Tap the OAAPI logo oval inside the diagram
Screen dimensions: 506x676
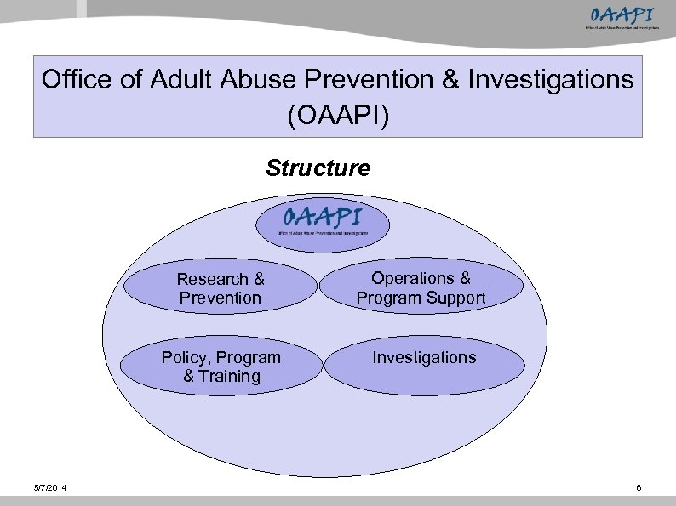point(324,222)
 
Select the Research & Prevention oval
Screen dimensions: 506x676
point(221,288)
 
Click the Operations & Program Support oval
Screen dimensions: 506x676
point(421,288)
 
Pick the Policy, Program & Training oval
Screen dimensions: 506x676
point(221,367)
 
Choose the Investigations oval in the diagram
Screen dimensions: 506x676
point(424,358)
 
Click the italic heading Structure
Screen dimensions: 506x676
point(318,168)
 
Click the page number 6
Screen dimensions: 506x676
point(638,487)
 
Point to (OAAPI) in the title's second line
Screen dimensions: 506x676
point(338,115)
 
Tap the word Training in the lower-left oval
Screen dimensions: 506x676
point(228,377)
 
